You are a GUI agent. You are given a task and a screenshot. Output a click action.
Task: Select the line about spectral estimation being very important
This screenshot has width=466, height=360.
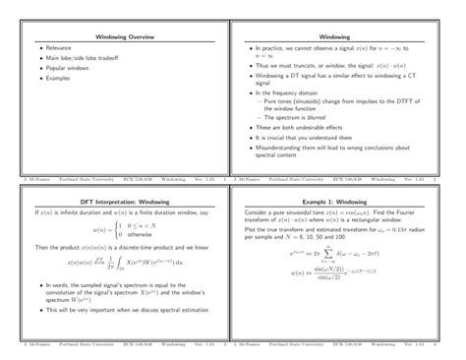[127, 310]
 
